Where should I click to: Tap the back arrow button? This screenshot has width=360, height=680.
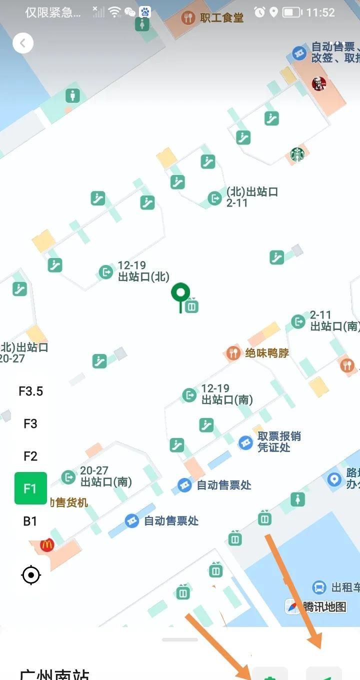(22, 43)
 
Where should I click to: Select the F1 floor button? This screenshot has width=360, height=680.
(30, 488)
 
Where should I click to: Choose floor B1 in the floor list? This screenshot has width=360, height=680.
(30, 521)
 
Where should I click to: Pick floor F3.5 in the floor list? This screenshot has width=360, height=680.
(30, 391)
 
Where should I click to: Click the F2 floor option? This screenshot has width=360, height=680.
(30, 456)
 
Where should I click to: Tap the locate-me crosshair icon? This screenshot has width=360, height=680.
(31, 575)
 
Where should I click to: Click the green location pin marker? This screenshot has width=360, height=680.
(180, 294)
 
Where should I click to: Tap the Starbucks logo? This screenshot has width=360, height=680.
(297, 154)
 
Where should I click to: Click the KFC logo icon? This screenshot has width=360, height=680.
(318, 83)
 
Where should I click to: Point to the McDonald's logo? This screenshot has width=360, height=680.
(47, 544)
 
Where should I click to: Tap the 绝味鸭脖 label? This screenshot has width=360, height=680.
(267, 353)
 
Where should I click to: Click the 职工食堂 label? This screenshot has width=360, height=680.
(221, 18)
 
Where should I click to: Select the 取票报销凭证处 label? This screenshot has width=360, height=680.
(279, 441)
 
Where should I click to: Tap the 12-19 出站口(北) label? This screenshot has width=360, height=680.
(143, 271)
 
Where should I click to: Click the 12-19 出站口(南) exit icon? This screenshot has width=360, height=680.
(189, 395)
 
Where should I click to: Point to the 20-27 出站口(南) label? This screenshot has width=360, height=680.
(106, 476)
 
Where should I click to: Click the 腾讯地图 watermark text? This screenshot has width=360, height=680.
(324, 606)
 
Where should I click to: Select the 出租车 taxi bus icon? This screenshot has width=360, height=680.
(319, 587)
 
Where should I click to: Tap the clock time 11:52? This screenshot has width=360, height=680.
(320, 12)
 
